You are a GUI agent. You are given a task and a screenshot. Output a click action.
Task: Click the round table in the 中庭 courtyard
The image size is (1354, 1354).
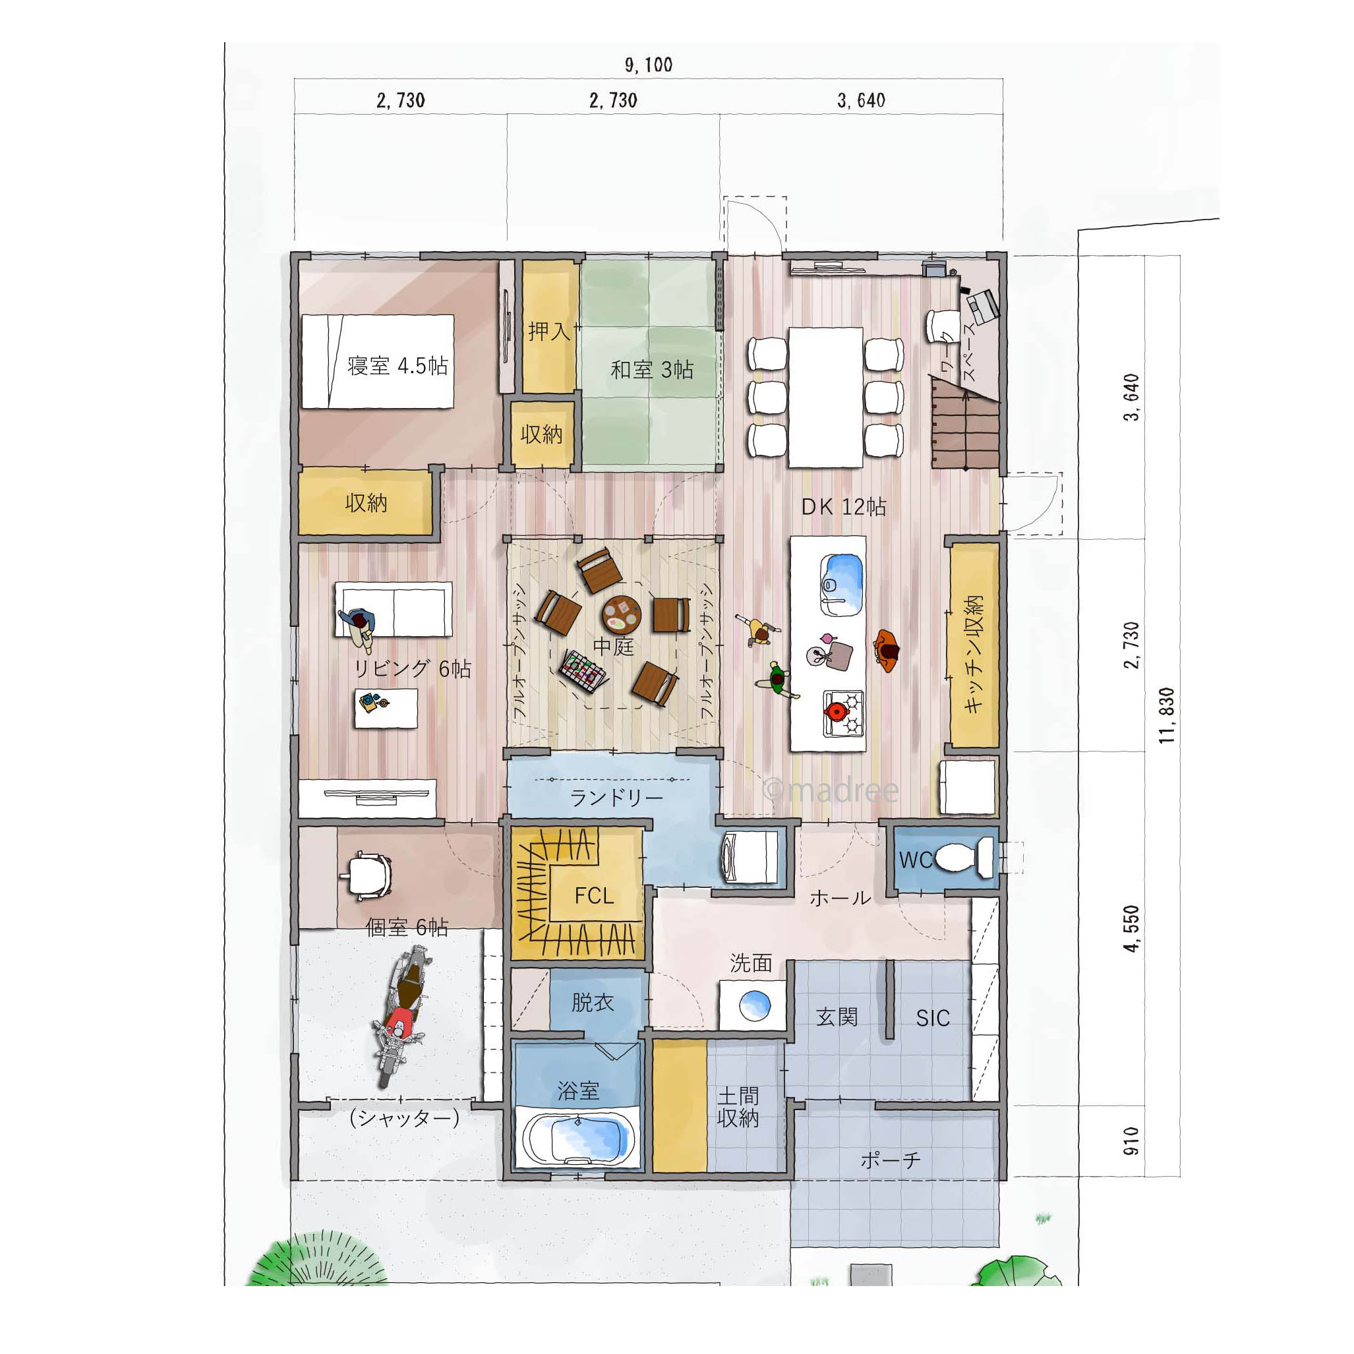(622, 614)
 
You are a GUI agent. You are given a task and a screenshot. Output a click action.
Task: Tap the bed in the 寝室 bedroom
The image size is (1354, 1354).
(378, 361)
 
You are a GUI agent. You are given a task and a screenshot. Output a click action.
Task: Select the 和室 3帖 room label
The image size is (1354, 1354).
(652, 369)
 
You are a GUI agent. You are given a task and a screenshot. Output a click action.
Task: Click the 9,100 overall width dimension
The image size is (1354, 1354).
(648, 65)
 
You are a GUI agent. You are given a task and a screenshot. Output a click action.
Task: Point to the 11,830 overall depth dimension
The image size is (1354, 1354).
(1167, 715)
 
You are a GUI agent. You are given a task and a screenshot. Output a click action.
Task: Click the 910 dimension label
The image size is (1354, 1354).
(1131, 1141)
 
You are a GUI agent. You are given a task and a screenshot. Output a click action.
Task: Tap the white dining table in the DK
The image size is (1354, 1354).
(825, 397)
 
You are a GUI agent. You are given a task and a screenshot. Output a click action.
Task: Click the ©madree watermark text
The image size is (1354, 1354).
(831, 790)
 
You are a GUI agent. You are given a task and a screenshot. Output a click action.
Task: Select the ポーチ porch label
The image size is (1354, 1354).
(890, 1161)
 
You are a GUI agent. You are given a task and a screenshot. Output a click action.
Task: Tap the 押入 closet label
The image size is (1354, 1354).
(550, 330)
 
